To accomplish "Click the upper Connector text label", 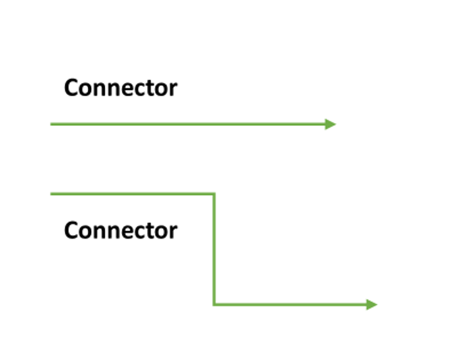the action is coord(121,88).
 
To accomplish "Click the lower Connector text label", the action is coord(121,230).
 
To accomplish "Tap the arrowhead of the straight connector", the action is coord(331,124).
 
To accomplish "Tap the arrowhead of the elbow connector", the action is coord(372,305).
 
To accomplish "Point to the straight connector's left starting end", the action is coord(51,124).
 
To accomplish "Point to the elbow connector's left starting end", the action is coord(51,194).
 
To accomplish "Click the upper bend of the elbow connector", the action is coord(214,194).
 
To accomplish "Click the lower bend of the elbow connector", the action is coord(214,305).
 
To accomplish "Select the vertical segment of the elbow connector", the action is coord(214,249).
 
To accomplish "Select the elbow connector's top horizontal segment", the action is coord(133,194).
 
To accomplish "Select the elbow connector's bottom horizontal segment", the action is coord(289,305).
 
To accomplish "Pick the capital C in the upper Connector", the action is coord(71,88).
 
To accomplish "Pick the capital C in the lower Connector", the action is coord(71,230).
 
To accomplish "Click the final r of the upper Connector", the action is coord(173,89).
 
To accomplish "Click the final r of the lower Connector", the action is coord(173,232).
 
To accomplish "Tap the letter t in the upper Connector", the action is coord(148,88).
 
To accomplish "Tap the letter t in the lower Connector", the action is coord(148,231).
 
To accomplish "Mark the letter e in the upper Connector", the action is coord(124,89).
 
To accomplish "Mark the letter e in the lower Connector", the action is coord(124,232).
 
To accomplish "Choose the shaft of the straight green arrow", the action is coord(188,124).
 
